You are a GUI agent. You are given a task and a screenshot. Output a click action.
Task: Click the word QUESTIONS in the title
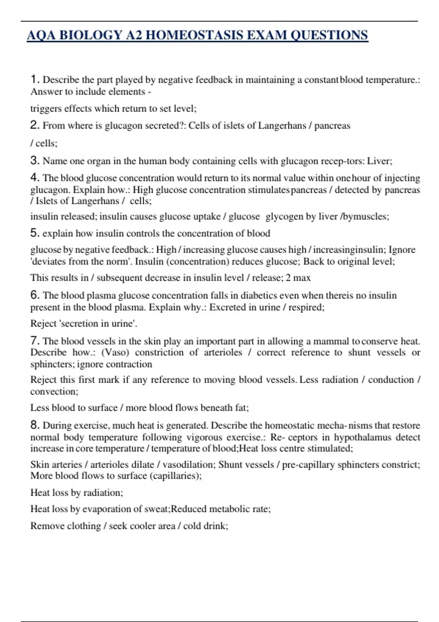click(329, 35)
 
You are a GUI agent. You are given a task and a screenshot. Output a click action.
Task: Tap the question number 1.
click(35, 79)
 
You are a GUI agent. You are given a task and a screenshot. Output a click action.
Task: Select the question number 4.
click(35, 177)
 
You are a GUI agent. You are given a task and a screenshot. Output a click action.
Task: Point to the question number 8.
click(35, 425)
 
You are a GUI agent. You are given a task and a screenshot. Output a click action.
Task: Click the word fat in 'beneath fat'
click(242, 408)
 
